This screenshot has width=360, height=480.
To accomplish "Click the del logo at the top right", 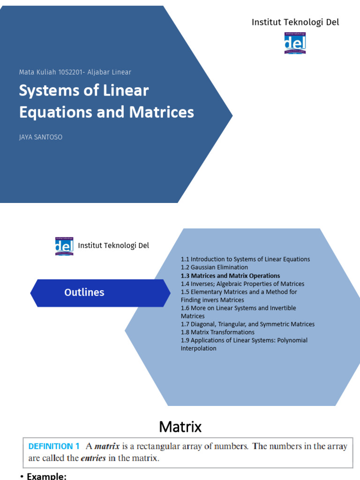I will click(x=295, y=43).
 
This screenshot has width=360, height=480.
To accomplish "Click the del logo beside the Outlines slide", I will click(x=64, y=246).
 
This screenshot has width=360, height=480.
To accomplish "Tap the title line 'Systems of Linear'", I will click(x=83, y=90).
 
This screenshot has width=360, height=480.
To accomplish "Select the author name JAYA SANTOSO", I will click(x=41, y=137).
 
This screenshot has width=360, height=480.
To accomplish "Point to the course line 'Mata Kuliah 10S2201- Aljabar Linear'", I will click(x=75, y=72).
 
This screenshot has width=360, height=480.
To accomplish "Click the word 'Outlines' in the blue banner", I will click(x=84, y=292).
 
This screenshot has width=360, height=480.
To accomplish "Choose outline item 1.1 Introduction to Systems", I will click(x=245, y=259).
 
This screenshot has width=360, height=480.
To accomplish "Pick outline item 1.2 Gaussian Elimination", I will click(x=214, y=267).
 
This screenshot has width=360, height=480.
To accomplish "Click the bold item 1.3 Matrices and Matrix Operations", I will click(x=230, y=276).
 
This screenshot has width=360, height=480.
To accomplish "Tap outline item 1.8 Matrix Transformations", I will click(x=217, y=332).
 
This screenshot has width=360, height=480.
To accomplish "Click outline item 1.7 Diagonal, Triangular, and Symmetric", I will click(x=247, y=324).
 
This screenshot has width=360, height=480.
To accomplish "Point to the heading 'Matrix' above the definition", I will click(x=180, y=427).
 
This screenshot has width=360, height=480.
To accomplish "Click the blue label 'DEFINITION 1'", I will click(x=54, y=447).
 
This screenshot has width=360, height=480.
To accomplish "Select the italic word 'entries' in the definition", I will click(x=93, y=458).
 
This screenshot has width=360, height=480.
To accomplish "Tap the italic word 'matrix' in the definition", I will click(x=107, y=447).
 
